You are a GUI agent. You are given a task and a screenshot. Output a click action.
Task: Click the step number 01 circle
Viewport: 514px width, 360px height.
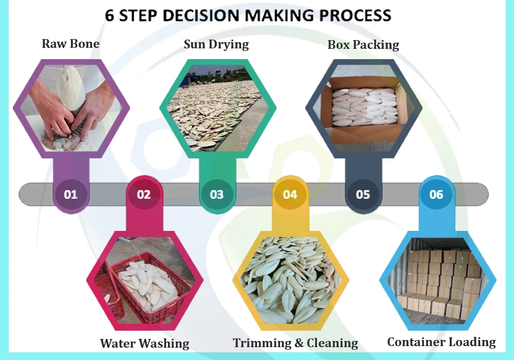coord(70,194)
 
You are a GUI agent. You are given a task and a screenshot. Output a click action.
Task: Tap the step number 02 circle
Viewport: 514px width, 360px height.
coord(144,194)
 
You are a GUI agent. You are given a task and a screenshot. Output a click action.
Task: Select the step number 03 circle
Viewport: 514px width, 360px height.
coord(217,194)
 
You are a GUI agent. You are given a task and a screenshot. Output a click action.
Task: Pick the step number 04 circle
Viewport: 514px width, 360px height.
coord(290,194)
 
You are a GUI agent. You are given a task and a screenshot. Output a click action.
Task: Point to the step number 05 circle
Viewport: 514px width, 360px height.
coord(363,194)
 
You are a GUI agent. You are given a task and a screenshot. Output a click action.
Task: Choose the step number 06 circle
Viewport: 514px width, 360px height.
coord(436,194)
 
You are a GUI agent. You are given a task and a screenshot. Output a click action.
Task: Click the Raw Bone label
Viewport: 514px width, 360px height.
coord(70,44)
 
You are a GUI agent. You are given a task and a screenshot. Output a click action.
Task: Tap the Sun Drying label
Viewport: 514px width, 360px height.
coord(216,44)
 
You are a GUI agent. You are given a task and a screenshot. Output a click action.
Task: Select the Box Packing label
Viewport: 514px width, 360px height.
coord(363,45)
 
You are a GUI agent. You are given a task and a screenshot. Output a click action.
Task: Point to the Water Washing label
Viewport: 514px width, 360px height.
coord(144,343)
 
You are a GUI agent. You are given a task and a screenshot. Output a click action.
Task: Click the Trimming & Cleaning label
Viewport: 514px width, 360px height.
coord(295,343)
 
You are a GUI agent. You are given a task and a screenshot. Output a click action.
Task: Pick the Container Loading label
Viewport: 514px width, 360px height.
coord(441,342)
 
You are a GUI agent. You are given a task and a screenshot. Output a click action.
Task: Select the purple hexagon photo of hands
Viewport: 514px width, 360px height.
coord(71,108)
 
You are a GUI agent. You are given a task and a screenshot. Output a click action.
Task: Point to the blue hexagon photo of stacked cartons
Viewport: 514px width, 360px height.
coord(437,280)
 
